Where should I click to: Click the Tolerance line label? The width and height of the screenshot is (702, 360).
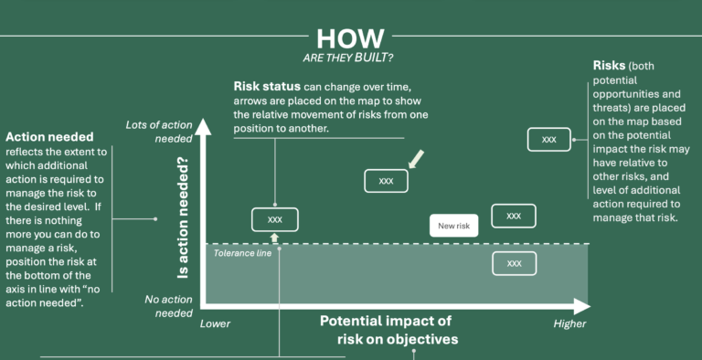click(242, 253)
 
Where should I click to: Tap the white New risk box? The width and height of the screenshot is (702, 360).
click(453, 226)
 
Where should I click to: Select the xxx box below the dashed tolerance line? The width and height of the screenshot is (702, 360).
click(514, 263)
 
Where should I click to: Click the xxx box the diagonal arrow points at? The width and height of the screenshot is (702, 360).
click(386, 181)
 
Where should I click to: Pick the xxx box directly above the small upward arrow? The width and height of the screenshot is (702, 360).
click(274, 219)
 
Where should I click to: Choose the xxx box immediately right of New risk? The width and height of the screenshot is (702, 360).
click(514, 216)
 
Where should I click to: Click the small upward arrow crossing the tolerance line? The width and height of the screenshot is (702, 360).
click(274, 238)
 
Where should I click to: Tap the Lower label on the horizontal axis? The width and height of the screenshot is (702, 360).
click(216, 323)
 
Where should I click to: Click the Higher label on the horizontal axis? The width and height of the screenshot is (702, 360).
click(570, 323)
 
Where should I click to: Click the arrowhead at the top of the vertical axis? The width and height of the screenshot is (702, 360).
click(204, 125)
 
